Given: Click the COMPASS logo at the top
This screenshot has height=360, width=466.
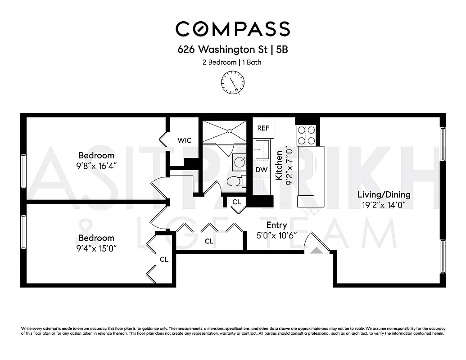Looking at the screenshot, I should pyautogui.click(x=232, y=29).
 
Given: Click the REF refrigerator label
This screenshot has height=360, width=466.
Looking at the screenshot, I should pyautogui.click(x=263, y=128).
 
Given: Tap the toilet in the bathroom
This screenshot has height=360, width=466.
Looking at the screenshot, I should pyautogui.click(x=235, y=181).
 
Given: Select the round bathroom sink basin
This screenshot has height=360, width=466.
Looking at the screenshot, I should pyautogui.click(x=240, y=162).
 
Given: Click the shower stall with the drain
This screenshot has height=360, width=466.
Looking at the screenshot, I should pyautogui.click(x=224, y=131).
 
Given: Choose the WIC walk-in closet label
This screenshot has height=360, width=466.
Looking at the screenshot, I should pyautogui.click(x=184, y=140).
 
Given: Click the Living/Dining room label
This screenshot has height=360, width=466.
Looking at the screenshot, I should pyautogui.click(x=384, y=195).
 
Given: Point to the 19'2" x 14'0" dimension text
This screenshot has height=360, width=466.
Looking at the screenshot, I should pyautogui.click(x=384, y=205).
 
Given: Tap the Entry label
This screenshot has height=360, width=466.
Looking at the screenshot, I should pyautogui.click(x=276, y=225).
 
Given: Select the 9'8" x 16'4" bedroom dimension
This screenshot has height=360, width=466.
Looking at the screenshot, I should pyautogui.click(x=97, y=166).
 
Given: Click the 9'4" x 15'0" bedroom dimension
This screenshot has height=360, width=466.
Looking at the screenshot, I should pyautogui.click(x=97, y=248).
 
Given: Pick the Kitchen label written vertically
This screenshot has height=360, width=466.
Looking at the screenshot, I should pyautogui.click(x=279, y=165).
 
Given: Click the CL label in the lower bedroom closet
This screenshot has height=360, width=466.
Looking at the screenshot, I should pyautogui.click(x=164, y=260).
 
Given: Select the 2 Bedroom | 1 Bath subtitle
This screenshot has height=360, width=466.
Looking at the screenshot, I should pyautogui.click(x=232, y=62).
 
